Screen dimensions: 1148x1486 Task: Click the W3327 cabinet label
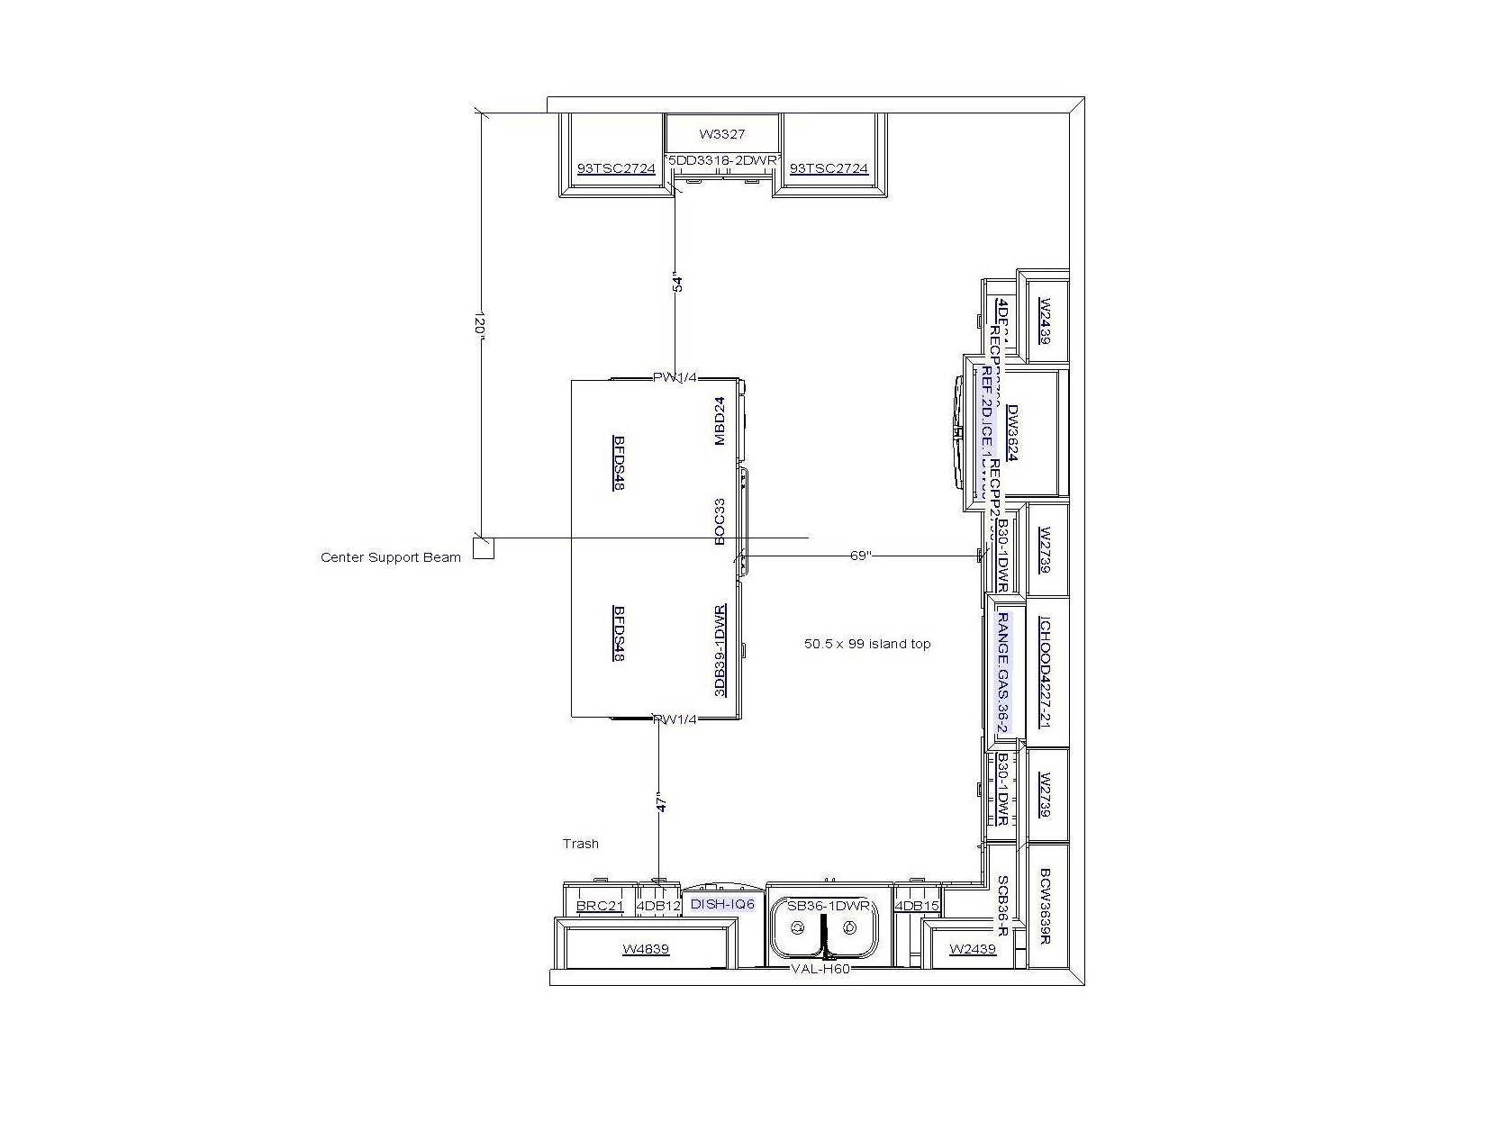coord(722,134)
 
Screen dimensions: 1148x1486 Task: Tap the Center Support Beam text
coord(390,557)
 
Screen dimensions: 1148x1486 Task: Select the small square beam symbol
coord(484,547)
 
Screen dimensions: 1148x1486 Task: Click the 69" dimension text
coord(861,556)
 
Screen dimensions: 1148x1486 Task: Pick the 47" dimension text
coord(662,804)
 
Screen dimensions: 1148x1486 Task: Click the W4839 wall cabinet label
coord(646,949)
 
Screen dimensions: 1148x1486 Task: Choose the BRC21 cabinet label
coord(600,906)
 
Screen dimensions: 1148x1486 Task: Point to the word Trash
coord(580,844)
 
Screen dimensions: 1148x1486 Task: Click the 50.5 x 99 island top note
coord(867,644)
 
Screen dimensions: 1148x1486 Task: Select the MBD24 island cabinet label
coord(720,421)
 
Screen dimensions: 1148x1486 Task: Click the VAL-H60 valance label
coord(820,969)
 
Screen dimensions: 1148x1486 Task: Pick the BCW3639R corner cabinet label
coord(1046,906)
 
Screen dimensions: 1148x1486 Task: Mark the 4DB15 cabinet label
coord(918,906)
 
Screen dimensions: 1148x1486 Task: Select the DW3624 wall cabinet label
coord(1011,432)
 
